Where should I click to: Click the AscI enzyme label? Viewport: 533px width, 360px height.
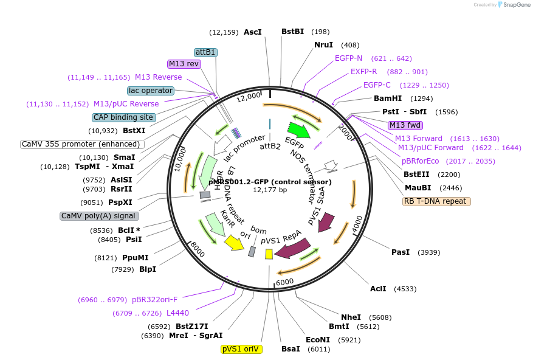tap(252, 32)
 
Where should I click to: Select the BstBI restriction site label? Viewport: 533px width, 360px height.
tap(292, 32)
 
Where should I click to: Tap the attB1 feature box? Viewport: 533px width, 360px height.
tap(205, 52)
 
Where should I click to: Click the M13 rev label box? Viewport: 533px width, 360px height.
tap(184, 64)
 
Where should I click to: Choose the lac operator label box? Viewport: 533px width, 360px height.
tap(151, 91)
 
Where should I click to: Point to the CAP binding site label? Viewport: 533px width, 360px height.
tap(124, 117)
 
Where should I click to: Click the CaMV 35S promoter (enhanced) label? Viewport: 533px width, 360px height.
tap(83, 144)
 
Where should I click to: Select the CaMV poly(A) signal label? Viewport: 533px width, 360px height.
tap(98, 216)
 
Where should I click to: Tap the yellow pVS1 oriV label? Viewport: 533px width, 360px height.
tap(241, 349)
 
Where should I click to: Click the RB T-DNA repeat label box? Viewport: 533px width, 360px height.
tap(437, 201)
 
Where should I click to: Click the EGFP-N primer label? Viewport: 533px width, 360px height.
tap(348, 58)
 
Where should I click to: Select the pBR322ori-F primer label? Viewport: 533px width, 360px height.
tap(154, 300)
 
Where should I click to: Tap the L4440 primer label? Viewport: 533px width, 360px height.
tap(177, 313)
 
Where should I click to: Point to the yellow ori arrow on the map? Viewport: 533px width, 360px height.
tap(234, 243)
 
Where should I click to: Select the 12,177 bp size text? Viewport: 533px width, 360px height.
tap(270, 190)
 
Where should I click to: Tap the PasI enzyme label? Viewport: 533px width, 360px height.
tap(401, 252)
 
